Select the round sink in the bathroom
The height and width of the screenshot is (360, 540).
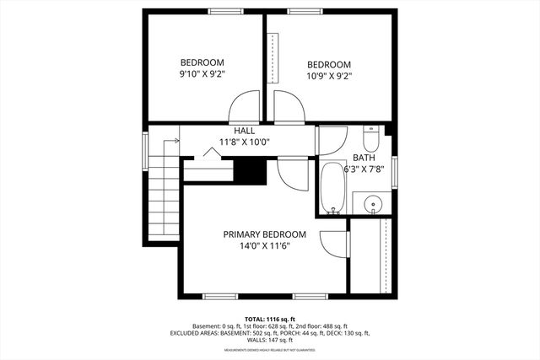tap(373, 203)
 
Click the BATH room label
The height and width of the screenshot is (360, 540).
tap(364, 158)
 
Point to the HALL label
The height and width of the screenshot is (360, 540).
tap(244, 131)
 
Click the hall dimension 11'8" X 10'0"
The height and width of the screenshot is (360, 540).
tap(244, 142)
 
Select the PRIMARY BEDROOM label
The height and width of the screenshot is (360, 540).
tap(264, 234)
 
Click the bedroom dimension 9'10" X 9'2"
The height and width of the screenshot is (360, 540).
tap(202, 74)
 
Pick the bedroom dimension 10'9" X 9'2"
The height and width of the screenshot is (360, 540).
tap(328, 76)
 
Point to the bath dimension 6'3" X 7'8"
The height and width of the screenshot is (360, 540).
tap(365, 169)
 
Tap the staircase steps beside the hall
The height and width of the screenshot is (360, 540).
tap(163, 198)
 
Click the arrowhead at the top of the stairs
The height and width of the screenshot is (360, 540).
tap(177, 141)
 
